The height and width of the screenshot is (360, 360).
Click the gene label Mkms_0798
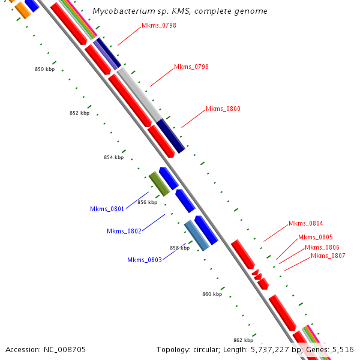point(159,26)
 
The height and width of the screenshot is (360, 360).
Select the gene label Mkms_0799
point(191,67)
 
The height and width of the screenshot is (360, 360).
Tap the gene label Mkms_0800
point(223,109)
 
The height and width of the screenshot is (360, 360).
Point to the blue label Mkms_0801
point(107,209)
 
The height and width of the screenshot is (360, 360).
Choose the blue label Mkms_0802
point(124,231)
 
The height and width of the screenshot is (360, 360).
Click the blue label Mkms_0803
point(145,260)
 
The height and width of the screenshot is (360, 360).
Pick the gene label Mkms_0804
point(306,223)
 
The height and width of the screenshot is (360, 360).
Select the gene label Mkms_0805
point(316,237)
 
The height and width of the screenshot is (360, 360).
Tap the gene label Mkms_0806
point(322,247)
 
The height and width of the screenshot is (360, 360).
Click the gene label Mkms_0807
point(328,256)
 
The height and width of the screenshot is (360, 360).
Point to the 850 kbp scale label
point(44,70)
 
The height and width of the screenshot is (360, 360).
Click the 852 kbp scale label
point(79,113)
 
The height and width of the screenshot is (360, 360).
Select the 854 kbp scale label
point(113,157)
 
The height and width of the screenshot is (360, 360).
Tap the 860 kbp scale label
point(212,294)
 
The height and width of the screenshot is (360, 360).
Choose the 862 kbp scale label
point(243,340)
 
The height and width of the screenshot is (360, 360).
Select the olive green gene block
point(159,184)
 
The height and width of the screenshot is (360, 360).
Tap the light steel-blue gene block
point(196,235)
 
